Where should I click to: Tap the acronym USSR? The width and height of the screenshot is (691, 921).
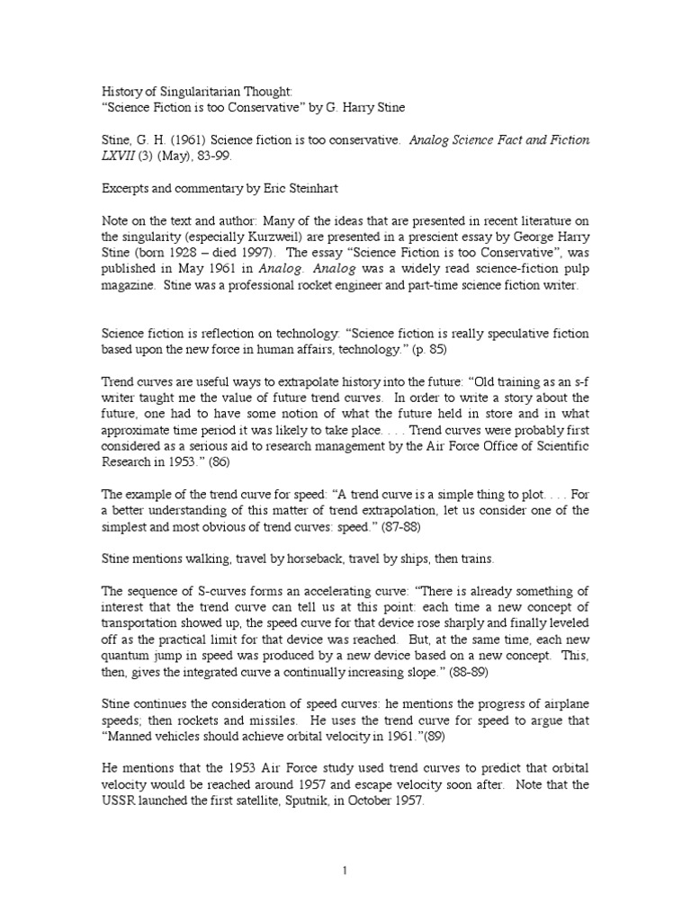[118, 801]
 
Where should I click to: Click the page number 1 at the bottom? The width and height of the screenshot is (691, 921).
[345, 871]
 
